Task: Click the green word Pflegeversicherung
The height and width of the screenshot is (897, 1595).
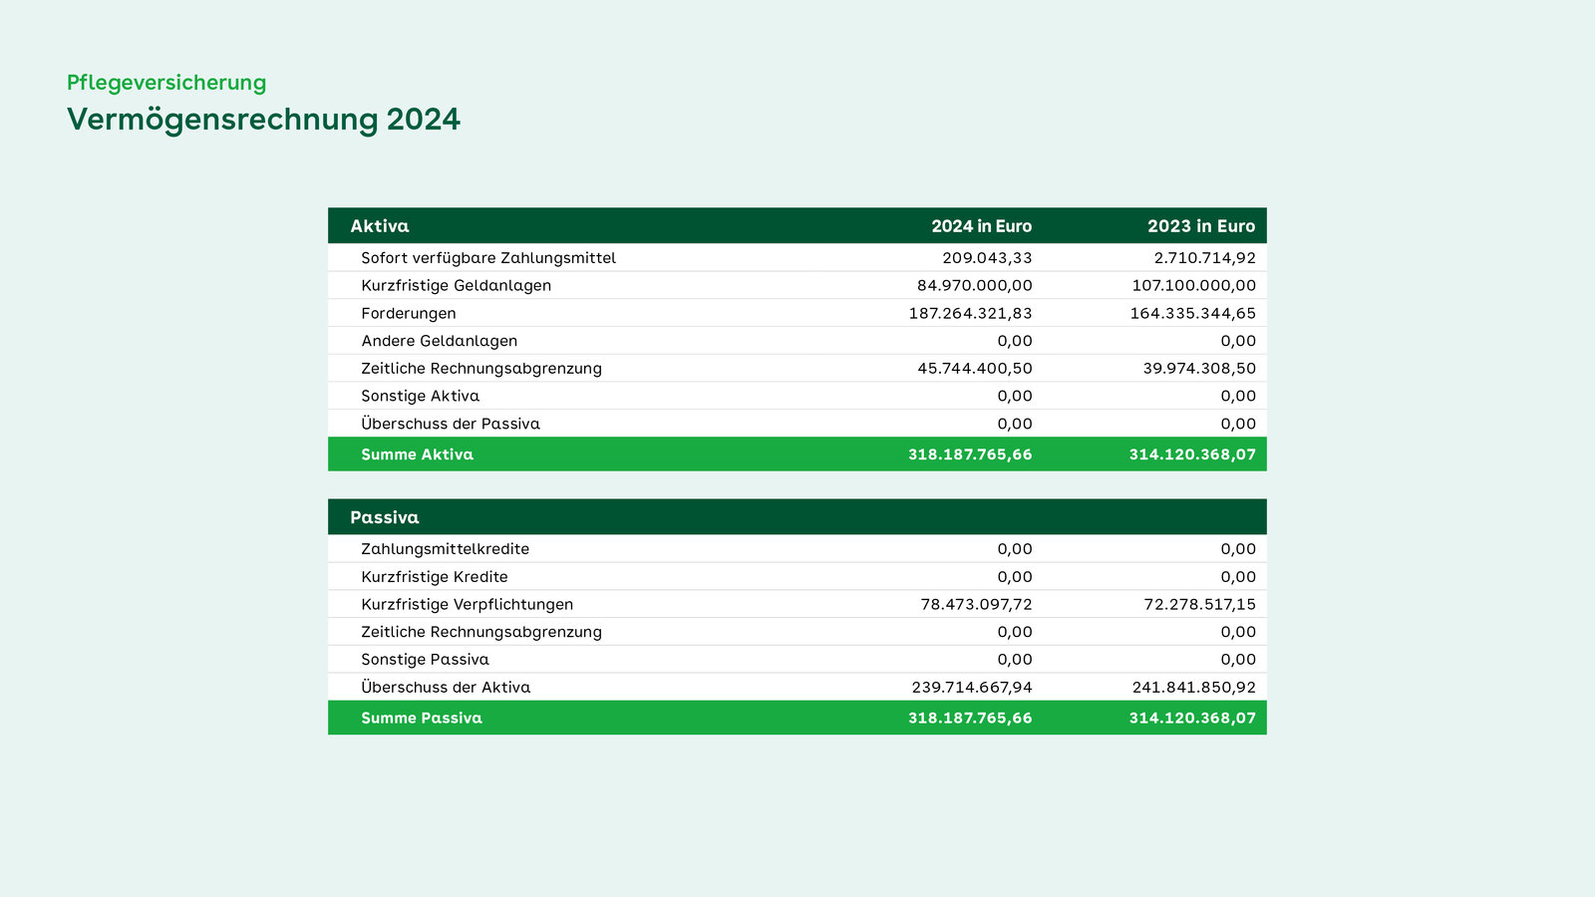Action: point(166,84)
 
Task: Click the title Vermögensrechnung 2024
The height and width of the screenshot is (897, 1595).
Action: point(263,120)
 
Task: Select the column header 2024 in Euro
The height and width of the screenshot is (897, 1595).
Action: point(981,226)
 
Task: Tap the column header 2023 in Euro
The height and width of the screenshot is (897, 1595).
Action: point(1201,226)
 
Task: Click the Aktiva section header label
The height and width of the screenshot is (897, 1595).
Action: point(380,226)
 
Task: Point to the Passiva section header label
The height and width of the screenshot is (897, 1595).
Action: point(385,517)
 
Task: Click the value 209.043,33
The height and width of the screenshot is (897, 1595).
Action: point(987,258)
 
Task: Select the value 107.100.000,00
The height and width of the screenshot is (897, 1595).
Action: point(1194,285)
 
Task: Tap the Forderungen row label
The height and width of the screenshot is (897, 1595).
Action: point(409,313)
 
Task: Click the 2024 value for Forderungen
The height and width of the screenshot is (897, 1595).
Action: point(971,313)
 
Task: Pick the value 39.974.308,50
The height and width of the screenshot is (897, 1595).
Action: point(1200,368)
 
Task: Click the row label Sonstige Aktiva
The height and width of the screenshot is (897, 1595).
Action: point(420,396)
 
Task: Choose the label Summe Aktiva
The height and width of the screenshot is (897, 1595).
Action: point(418,454)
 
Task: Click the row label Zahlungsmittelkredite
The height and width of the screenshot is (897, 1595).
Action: point(445,549)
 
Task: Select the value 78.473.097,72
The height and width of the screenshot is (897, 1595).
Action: point(976,604)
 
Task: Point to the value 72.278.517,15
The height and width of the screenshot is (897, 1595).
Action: point(1200,604)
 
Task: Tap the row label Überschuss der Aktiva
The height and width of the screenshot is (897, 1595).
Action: point(446,687)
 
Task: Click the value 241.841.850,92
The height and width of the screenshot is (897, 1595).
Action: point(1194,687)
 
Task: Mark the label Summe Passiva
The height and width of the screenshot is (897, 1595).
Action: point(422,718)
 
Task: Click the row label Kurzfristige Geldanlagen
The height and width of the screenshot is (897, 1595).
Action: point(457,285)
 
